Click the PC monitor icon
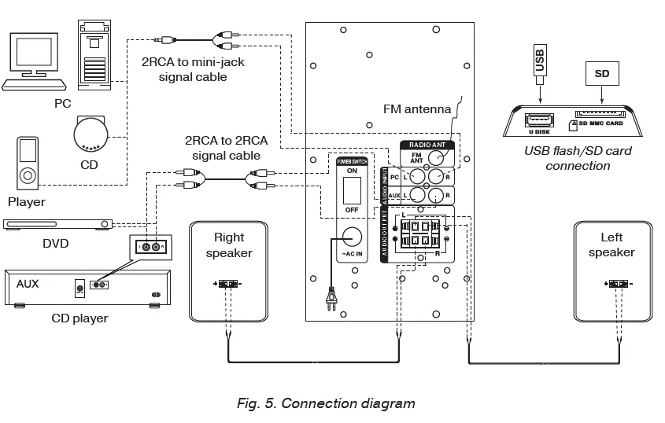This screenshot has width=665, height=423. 32,59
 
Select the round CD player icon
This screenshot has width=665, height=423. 94,133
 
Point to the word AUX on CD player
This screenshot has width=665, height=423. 28,283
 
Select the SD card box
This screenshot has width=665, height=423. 602,75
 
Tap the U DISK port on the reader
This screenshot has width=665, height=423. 541,120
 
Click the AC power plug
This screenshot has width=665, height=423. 331,299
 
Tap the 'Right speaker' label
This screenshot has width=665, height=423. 228,245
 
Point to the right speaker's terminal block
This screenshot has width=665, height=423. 228,285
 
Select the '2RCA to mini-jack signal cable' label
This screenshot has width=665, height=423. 193,68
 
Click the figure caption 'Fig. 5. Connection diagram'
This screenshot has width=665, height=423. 326,403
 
